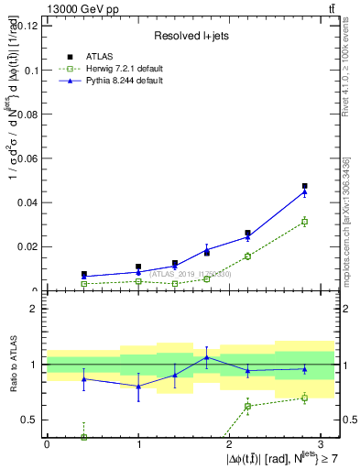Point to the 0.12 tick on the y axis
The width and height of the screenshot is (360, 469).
(27, 26)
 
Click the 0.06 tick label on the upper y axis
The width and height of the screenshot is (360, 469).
(27, 158)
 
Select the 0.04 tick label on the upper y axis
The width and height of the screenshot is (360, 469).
(27, 202)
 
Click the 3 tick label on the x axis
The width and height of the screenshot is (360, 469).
(322, 443)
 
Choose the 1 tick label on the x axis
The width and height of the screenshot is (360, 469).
(138, 443)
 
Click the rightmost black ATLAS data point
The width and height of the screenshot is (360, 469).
(305, 187)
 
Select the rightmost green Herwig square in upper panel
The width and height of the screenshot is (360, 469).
(305, 222)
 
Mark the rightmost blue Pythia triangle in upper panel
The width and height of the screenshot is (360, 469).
(305, 191)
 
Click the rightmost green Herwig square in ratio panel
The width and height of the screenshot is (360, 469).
(305, 398)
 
